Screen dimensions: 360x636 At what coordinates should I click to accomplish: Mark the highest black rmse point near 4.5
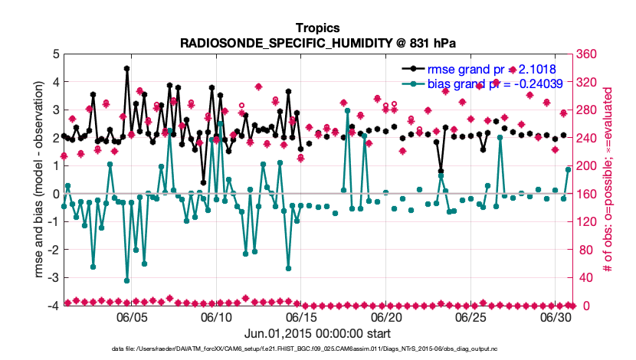[126, 68]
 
